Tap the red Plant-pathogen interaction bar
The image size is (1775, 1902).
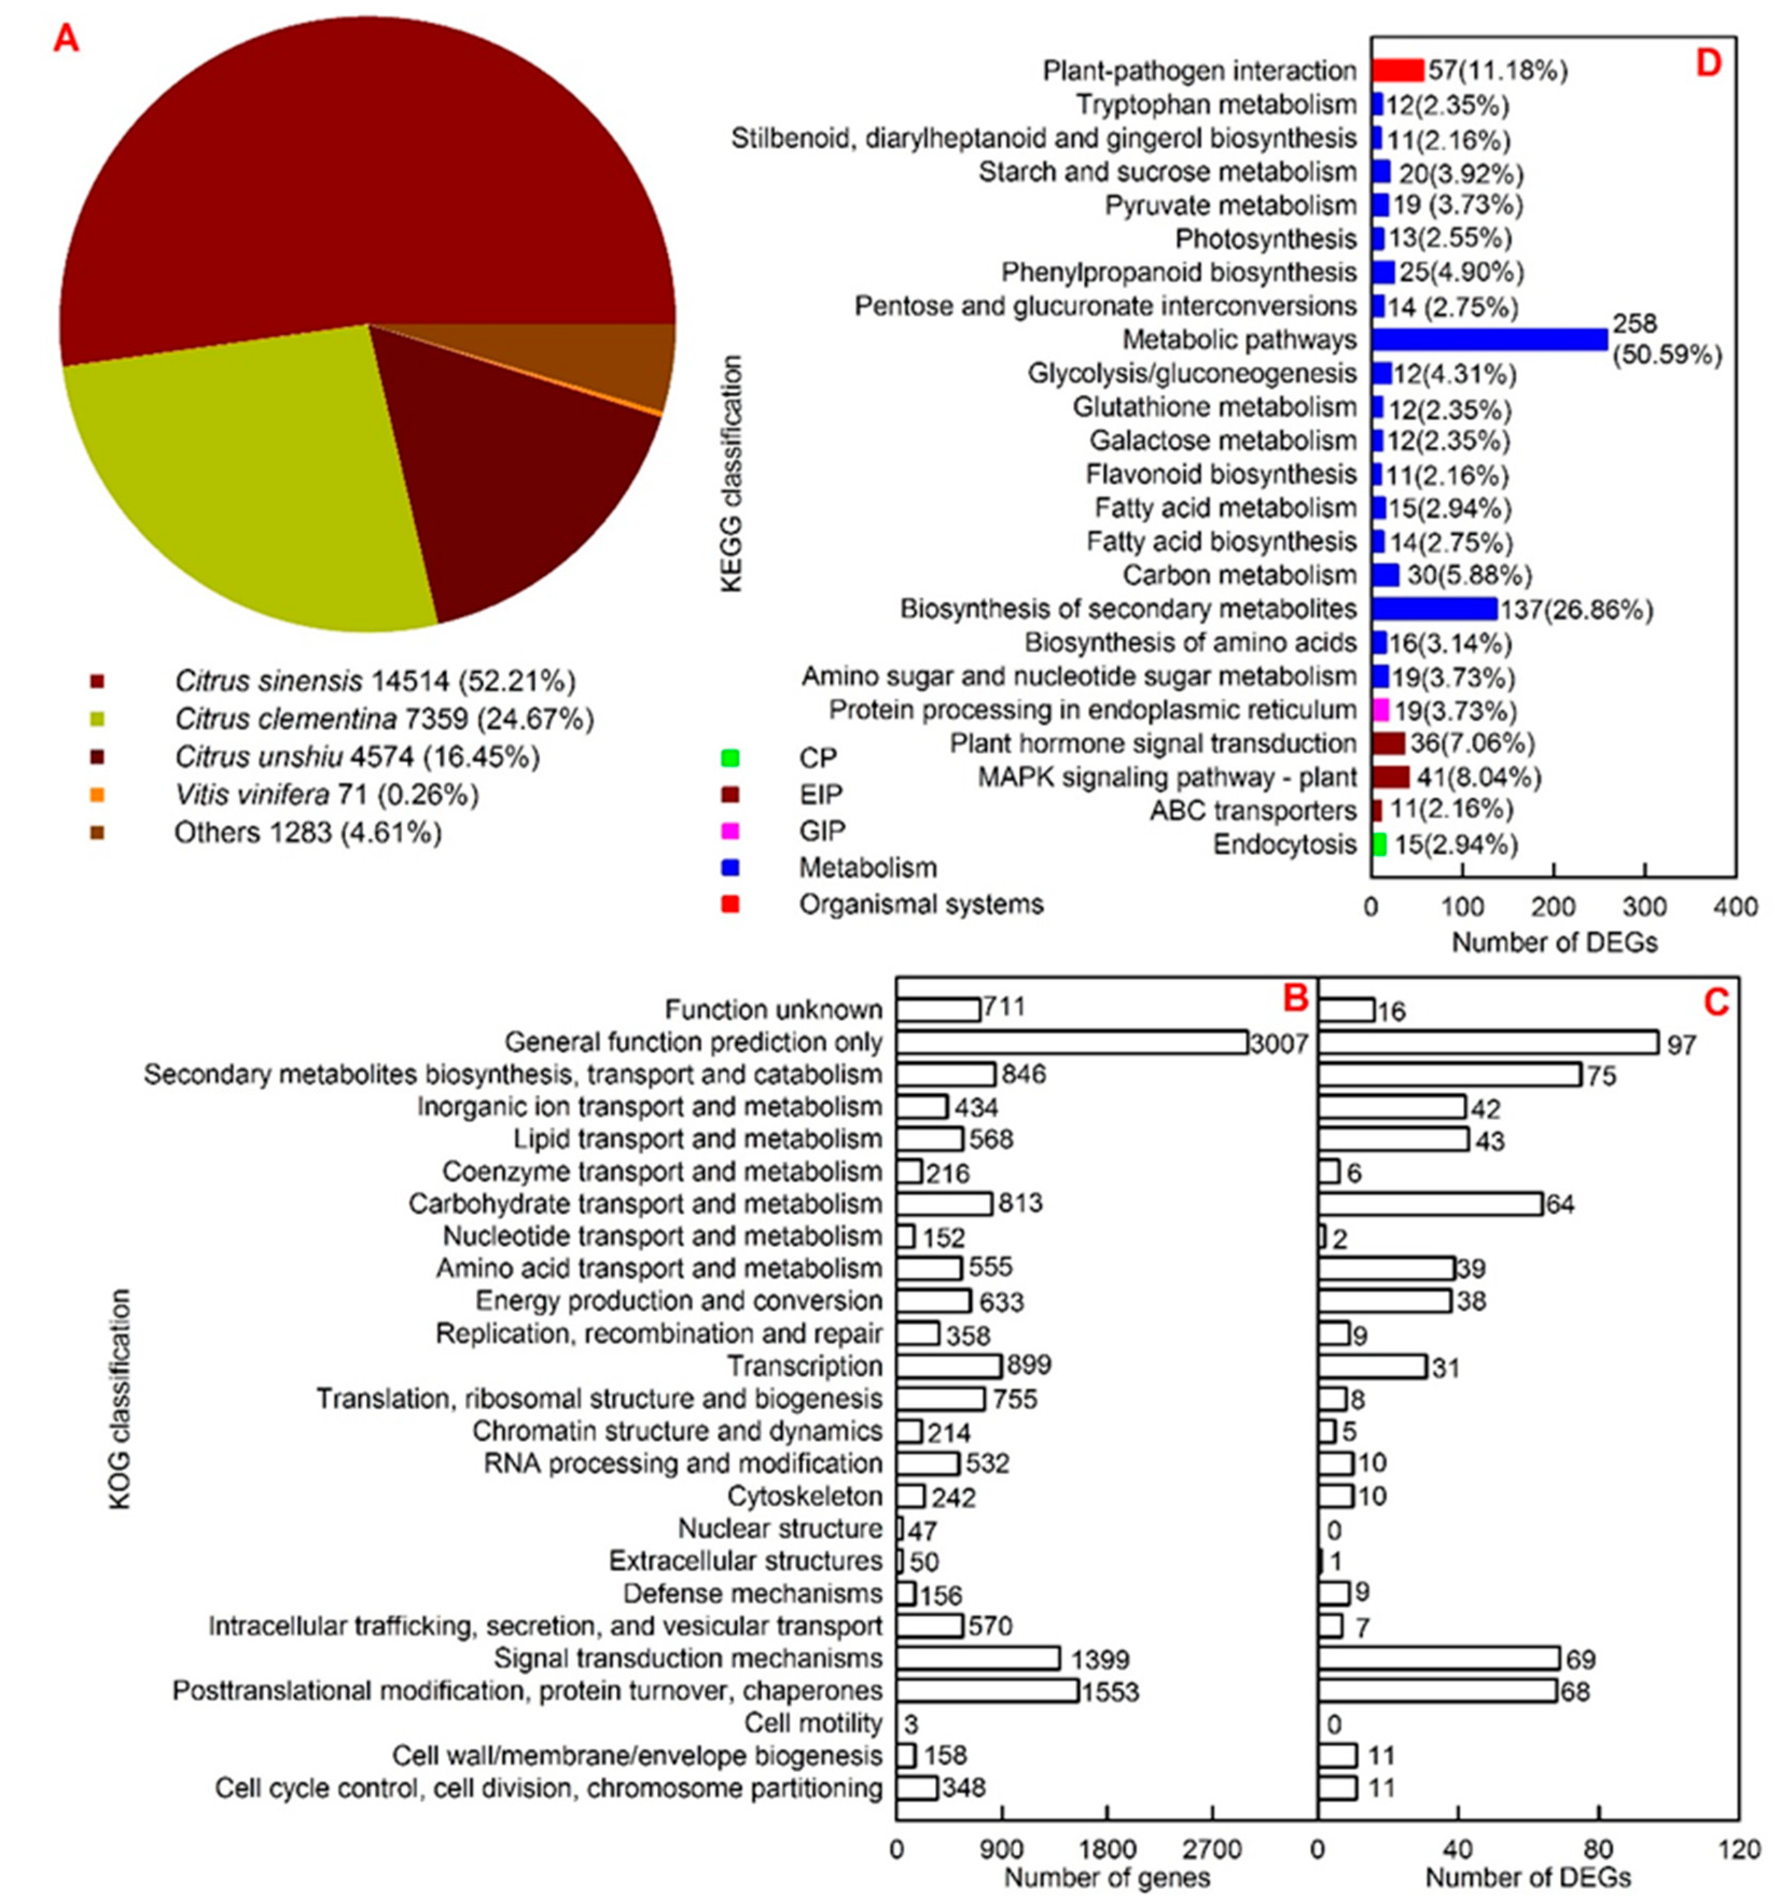click(x=1398, y=71)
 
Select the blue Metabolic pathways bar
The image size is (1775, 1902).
click(x=1489, y=340)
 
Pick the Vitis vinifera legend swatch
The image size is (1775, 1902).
click(x=96, y=794)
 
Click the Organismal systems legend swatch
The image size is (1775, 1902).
click(x=730, y=904)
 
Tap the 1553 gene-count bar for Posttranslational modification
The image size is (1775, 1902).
click(x=987, y=1690)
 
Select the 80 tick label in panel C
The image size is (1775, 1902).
click(x=1599, y=1849)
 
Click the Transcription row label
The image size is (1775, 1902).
click(x=804, y=1366)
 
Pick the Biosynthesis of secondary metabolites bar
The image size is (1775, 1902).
click(x=1433, y=609)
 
